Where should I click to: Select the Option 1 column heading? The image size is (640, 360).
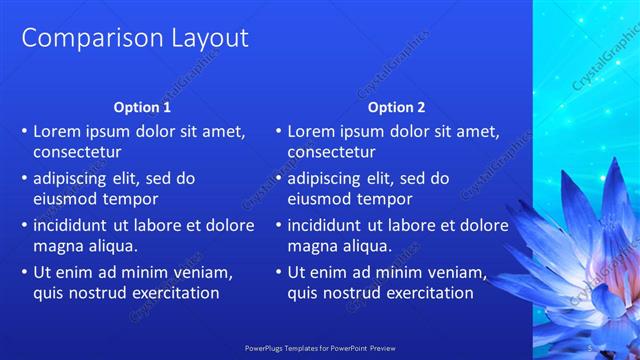click(x=142, y=107)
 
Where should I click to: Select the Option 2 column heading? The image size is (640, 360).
click(x=396, y=107)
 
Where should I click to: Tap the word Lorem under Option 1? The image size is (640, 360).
click(x=58, y=131)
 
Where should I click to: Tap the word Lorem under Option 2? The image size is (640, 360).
click(x=312, y=131)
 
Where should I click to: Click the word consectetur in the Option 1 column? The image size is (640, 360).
click(x=78, y=152)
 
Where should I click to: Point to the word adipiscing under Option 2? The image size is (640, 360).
click(x=329, y=178)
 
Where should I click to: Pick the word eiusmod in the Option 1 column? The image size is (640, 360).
click(x=67, y=199)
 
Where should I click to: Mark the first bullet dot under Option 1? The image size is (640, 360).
click(x=24, y=132)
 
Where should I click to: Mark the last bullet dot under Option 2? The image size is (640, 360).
click(x=278, y=273)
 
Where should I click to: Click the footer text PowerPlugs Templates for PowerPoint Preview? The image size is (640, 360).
click(x=319, y=349)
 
